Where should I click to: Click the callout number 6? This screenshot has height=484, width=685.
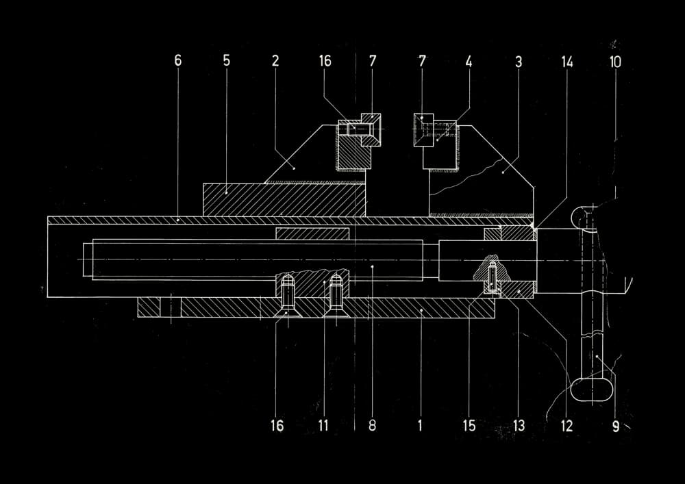(x=178, y=61)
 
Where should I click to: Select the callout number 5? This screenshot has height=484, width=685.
(x=226, y=61)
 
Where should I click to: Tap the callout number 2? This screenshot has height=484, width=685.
(x=275, y=61)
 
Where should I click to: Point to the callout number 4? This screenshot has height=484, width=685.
(x=469, y=62)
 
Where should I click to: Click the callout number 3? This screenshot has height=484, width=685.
(x=519, y=62)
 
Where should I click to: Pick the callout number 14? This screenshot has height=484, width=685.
(x=566, y=62)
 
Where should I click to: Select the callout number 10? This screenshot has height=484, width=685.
(x=615, y=62)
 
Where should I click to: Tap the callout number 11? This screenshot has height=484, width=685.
(x=323, y=425)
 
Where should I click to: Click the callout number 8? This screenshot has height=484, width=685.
(x=372, y=425)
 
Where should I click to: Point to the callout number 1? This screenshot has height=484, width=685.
(x=421, y=425)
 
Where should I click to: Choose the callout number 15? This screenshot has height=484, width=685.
(x=469, y=425)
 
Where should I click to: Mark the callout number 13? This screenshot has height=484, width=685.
(x=519, y=425)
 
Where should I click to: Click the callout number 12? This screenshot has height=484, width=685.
(x=566, y=426)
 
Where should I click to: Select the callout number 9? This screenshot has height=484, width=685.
(x=616, y=426)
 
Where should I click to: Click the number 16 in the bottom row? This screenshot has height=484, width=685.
(x=277, y=425)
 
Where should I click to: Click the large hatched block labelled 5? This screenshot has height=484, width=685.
(x=284, y=200)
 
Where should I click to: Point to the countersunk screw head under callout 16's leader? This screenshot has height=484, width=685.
(x=286, y=311)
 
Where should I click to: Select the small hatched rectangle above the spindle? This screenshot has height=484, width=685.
(x=312, y=233)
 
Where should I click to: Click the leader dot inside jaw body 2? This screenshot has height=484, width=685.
(x=294, y=168)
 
